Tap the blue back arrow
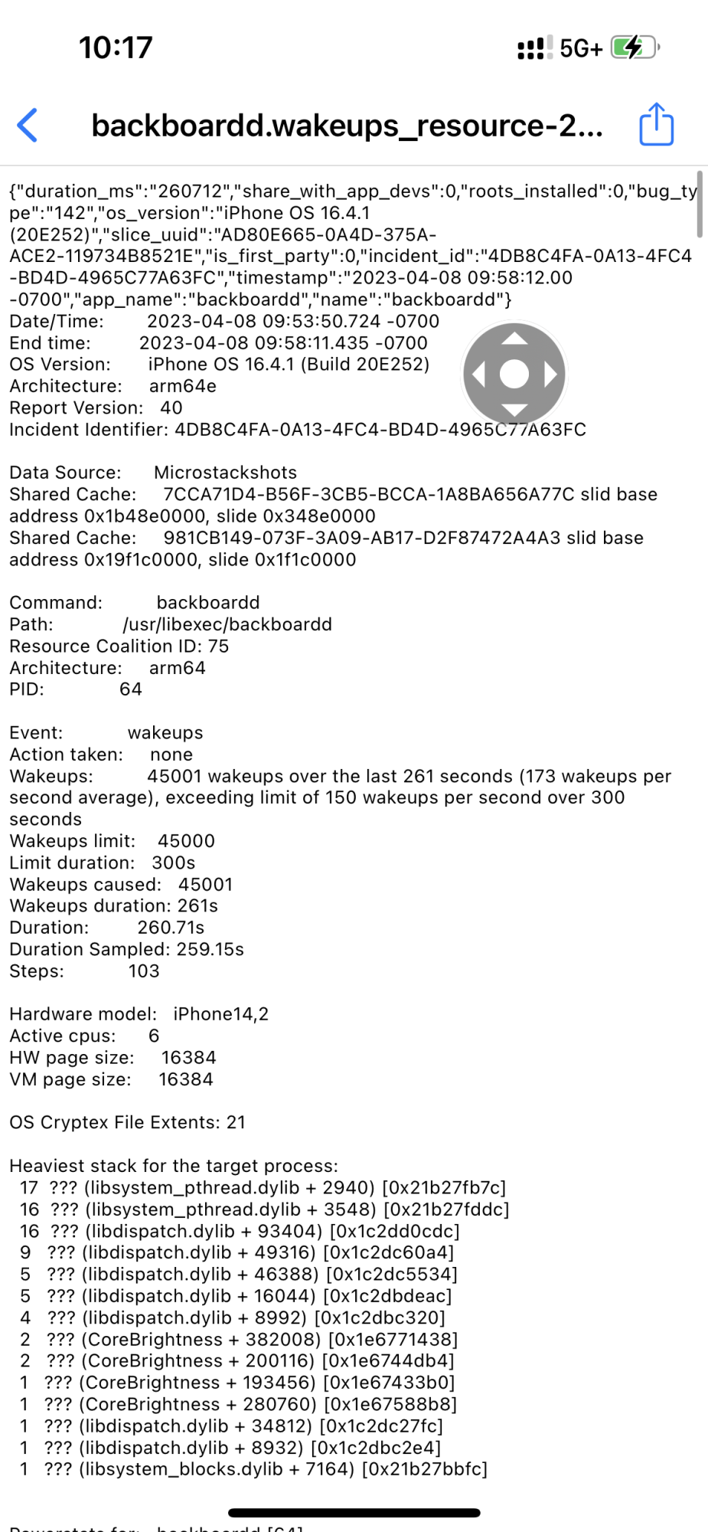point(28,125)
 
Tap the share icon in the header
point(656,124)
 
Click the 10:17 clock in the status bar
point(116,48)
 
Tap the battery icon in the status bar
point(634,47)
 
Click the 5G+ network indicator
point(581,49)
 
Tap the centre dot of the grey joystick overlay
point(514,374)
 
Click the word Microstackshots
point(225,473)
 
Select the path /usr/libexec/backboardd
point(227,624)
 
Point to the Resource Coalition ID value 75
point(218,646)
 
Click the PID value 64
point(131,689)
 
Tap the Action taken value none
point(171,755)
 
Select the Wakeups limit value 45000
point(186,841)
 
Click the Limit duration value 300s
point(173,863)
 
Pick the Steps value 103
point(144,971)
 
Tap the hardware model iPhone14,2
point(220,1014)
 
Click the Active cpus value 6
point(154,1036)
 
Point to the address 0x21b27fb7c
point(444,1188)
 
